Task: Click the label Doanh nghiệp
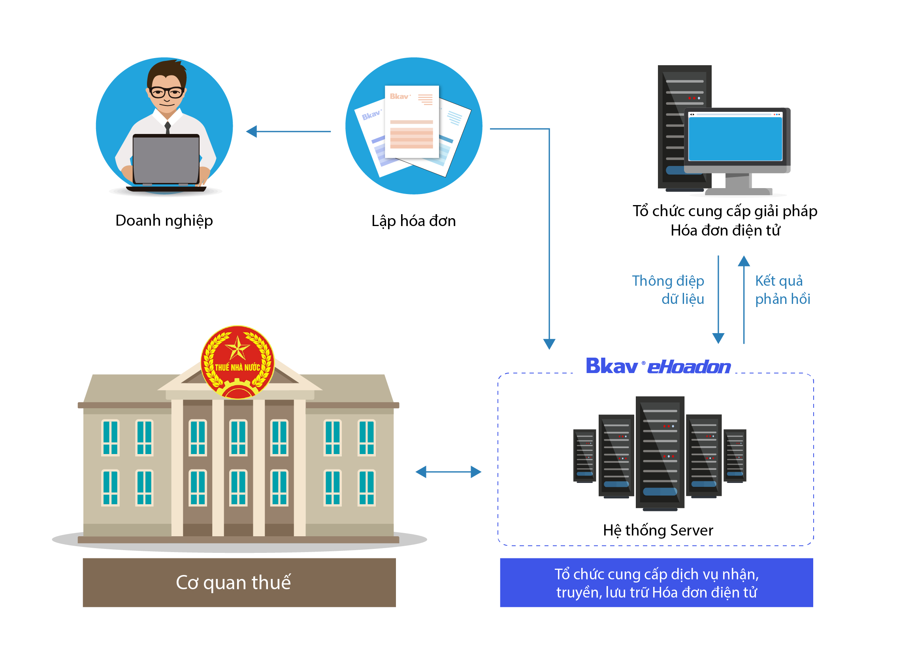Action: click(x=164, y=221)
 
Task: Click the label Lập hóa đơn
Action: click(x=413, y=221)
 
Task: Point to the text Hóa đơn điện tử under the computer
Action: click(x=725, y=231)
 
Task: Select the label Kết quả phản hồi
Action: click(x=782, y=290)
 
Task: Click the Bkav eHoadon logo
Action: click(x=658, y=366)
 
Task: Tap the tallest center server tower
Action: click(x=660, y=452)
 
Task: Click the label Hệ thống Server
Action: click(x=658, y=530)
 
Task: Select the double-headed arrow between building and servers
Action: click(x=448, y=472)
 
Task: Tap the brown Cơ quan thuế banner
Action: click(x=239, y=582)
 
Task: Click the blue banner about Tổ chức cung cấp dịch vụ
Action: click(x=656, y=582)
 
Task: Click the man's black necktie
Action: click(x=168, y=128)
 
